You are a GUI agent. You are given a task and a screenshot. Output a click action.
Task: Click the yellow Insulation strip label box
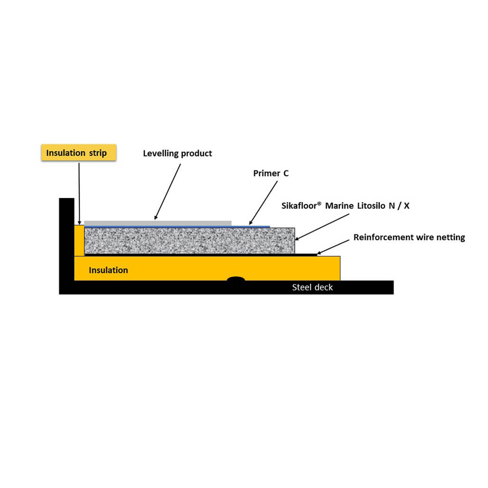point(79,152)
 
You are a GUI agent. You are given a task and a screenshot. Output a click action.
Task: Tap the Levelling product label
point(178,153)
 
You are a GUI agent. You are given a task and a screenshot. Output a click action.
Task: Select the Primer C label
point(271,173)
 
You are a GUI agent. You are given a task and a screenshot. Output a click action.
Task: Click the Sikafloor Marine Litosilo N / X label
point(346,206)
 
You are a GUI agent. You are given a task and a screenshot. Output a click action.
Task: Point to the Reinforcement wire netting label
point(409,237)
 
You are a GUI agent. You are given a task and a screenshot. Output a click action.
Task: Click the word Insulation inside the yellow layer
point(108,270)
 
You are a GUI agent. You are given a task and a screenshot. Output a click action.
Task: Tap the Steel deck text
point(312,287)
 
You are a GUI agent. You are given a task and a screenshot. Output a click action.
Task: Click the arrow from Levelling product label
point(168,192)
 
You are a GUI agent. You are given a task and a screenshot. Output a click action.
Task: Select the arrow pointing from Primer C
point(263,203)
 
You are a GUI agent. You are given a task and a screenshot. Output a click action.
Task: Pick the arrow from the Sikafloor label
point(322,227)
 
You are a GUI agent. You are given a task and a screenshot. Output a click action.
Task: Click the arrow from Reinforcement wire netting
point(333,247)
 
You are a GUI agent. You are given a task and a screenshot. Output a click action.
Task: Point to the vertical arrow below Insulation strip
point(79,194)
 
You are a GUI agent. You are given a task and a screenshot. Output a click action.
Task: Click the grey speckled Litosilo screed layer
point(189,241)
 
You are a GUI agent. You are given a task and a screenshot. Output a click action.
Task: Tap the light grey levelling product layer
point(158,223)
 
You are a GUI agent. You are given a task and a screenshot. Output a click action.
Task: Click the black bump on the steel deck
point(236,279)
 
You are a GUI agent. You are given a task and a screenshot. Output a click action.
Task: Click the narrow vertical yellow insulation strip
point(79,241)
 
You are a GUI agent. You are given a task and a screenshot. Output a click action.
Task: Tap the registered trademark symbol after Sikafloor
point(319,204)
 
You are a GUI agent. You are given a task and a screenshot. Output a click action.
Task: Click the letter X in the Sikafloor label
point(406,206)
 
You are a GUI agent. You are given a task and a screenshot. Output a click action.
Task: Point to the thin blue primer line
point(177,227)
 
